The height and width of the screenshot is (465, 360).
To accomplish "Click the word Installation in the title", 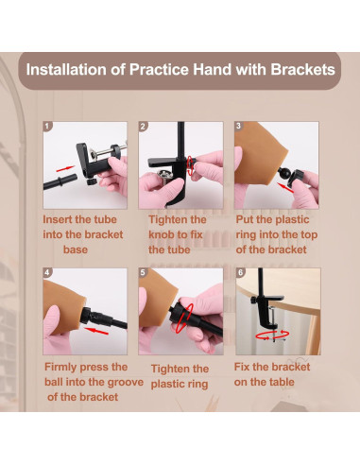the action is point(66,69).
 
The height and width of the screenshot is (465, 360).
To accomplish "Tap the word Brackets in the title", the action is point(302,69).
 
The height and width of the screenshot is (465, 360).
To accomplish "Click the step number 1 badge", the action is point(47,127).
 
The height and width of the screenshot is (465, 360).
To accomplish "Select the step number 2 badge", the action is point(143,127).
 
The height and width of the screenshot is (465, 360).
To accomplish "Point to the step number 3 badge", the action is point(238,126).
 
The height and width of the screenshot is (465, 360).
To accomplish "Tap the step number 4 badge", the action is point(47,272).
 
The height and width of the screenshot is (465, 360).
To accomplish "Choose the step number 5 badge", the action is point(143,272).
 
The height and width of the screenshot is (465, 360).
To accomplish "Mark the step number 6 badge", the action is point(241,272).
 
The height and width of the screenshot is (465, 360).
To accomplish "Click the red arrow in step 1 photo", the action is point(65,168).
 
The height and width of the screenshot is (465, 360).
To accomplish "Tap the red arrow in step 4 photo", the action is point(96,331).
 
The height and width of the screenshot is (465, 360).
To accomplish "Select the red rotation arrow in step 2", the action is point(190,164).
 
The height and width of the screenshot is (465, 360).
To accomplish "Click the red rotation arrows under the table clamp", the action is point(272,335).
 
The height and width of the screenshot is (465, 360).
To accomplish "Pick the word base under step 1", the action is point(76,250).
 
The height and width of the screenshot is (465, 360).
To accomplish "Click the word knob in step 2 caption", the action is point(163,234).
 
